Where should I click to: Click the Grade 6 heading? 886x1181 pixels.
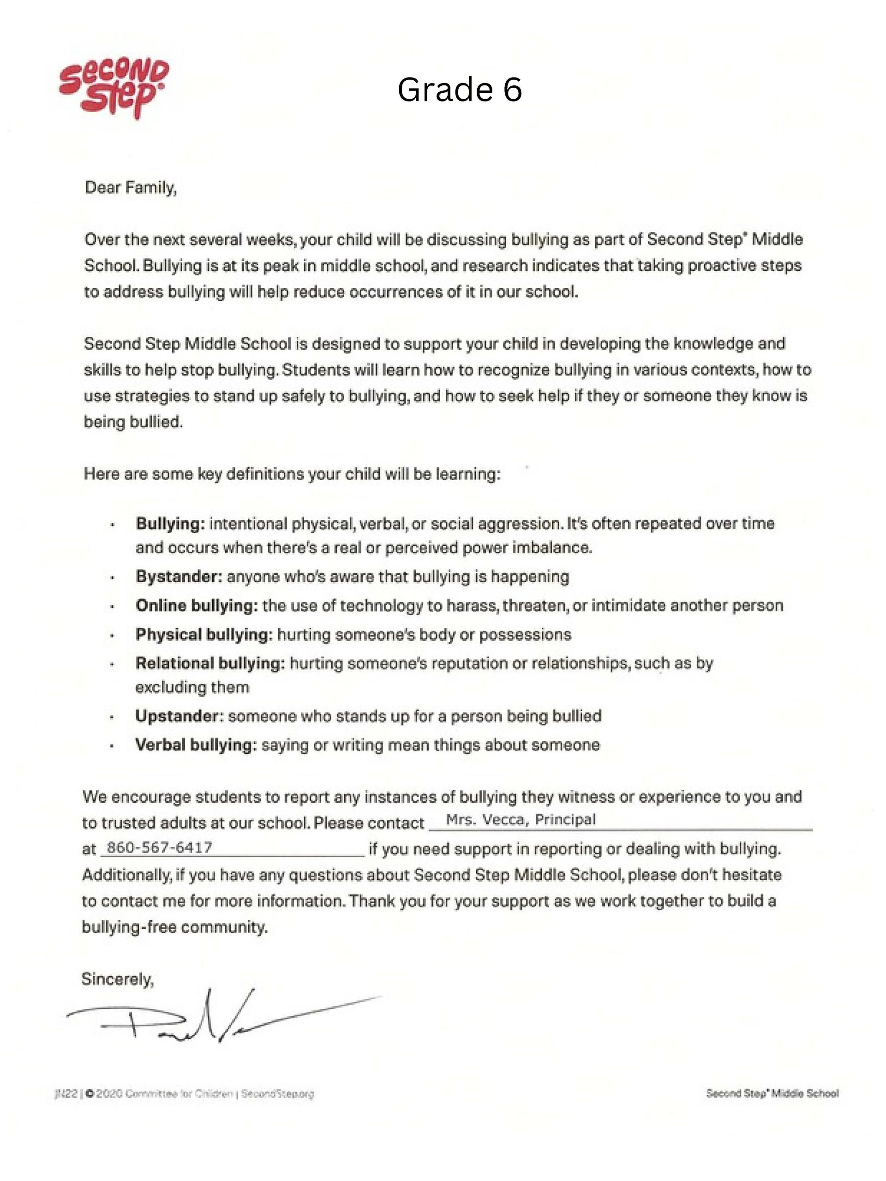tap(459, 89)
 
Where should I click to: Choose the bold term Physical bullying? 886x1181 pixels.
tap(204, 634)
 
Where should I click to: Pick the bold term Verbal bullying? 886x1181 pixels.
tap(196, 745)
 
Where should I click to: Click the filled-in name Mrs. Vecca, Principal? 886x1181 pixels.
tap(521, 819)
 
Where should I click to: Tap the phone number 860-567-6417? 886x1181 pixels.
tap(160, 847)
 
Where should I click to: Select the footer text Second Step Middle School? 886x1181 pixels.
tap(772, 1094)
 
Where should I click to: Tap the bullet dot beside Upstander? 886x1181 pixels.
tap(112, 717)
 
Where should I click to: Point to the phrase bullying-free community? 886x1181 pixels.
tap(174, 927)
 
